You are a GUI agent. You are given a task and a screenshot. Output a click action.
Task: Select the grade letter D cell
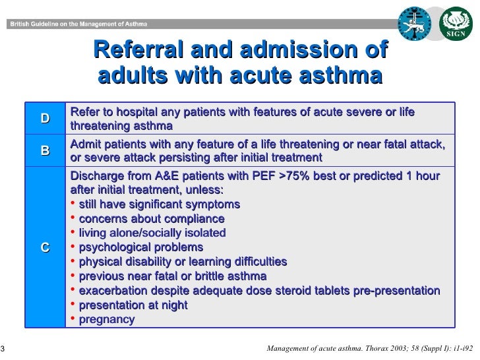(x=45, y=119)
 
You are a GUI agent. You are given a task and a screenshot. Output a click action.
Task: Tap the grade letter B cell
(x=45, y=150)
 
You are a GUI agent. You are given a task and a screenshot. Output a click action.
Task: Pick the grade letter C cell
(x=45, y=247)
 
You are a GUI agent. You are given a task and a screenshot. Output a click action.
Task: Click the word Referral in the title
(x=142, y=50)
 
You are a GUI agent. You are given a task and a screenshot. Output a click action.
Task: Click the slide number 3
(x=3, y=349)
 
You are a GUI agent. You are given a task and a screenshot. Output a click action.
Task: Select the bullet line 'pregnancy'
(x=106, y=320)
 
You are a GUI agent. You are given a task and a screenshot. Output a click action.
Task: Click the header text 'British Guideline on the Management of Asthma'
(x=78, y=24)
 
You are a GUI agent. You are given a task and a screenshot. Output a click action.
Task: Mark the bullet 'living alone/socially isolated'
(x=152, y=233)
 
